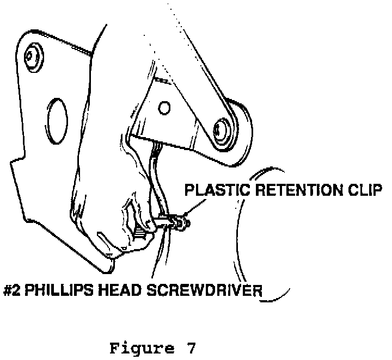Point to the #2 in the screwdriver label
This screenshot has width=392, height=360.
point(12,289)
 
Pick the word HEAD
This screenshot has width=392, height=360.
point(121,289)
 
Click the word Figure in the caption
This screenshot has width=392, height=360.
point(136,349)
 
